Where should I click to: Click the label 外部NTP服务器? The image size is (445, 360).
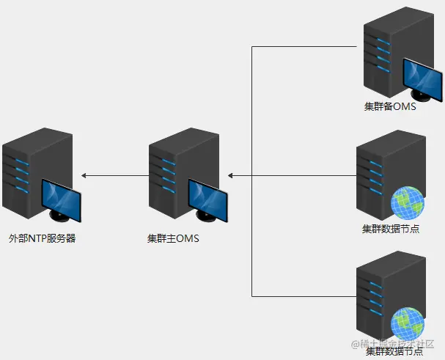[42, 238]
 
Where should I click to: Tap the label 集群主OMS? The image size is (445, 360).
[173, 238]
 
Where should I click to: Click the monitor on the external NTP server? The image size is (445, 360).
[63, 199]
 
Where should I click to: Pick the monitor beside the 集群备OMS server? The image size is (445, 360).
[423, 81]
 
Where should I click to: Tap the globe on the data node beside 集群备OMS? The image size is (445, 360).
[408, 203]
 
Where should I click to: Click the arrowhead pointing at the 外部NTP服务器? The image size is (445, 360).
[84, 176]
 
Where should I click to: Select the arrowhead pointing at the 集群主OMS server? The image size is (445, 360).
[231, 176]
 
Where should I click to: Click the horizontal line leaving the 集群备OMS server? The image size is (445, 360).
[308, 47]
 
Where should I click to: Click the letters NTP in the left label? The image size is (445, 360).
[37, 238]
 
